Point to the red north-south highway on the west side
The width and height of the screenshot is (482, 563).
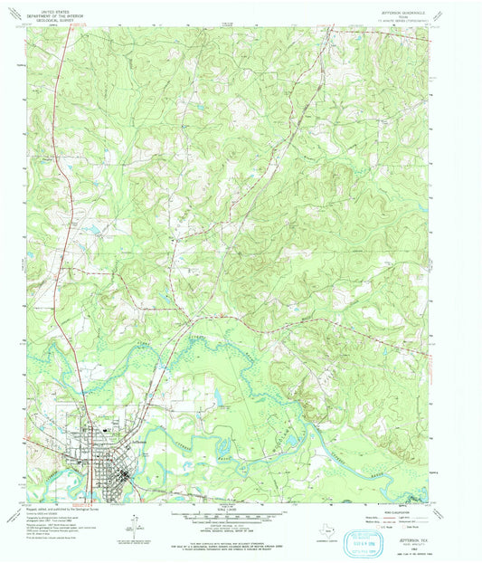pyautogui.click(x=55, y=272)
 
